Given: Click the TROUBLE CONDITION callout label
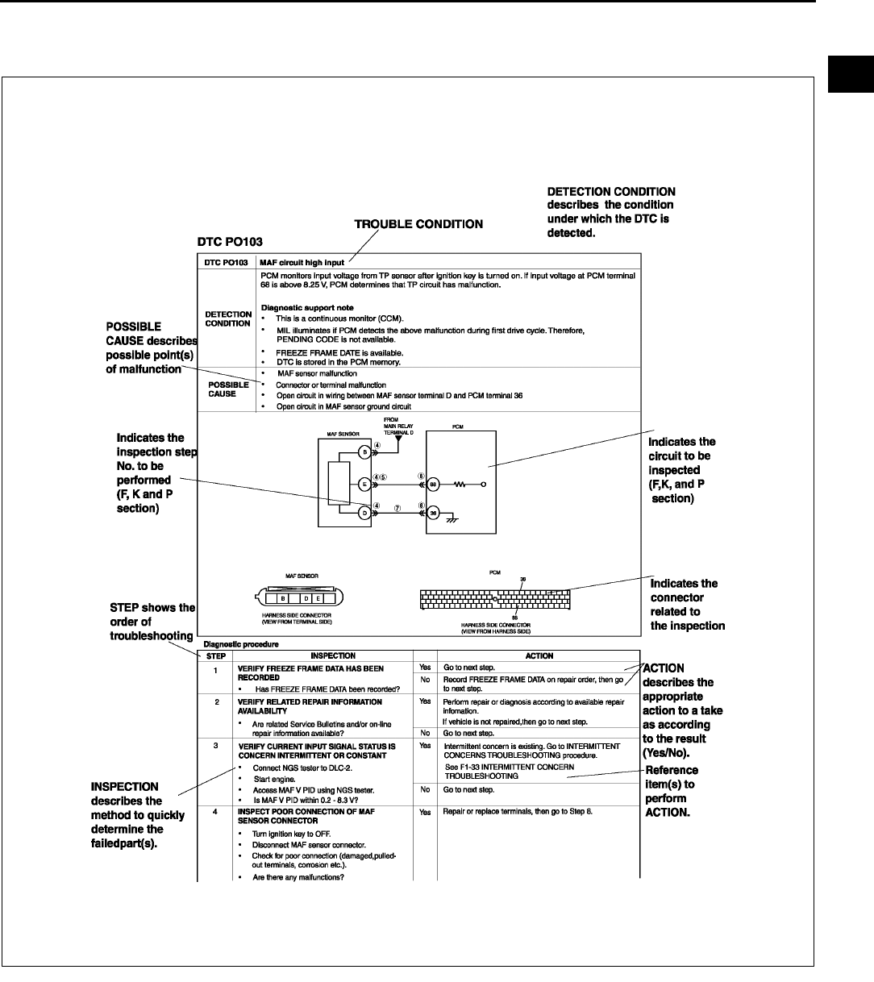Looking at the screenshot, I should click(x=419, y=224).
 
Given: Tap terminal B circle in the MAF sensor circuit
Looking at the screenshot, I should click(x=364, y=452).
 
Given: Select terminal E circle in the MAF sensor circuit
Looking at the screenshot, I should click(x=364, y=485).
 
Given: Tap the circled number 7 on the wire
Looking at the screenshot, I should click(x=397, y=509).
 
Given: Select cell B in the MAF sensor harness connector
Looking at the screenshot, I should click(x=281, y=599).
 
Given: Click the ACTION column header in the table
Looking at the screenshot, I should click(x=539, y=655).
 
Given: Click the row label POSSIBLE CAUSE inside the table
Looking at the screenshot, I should click(x=228, y=389).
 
